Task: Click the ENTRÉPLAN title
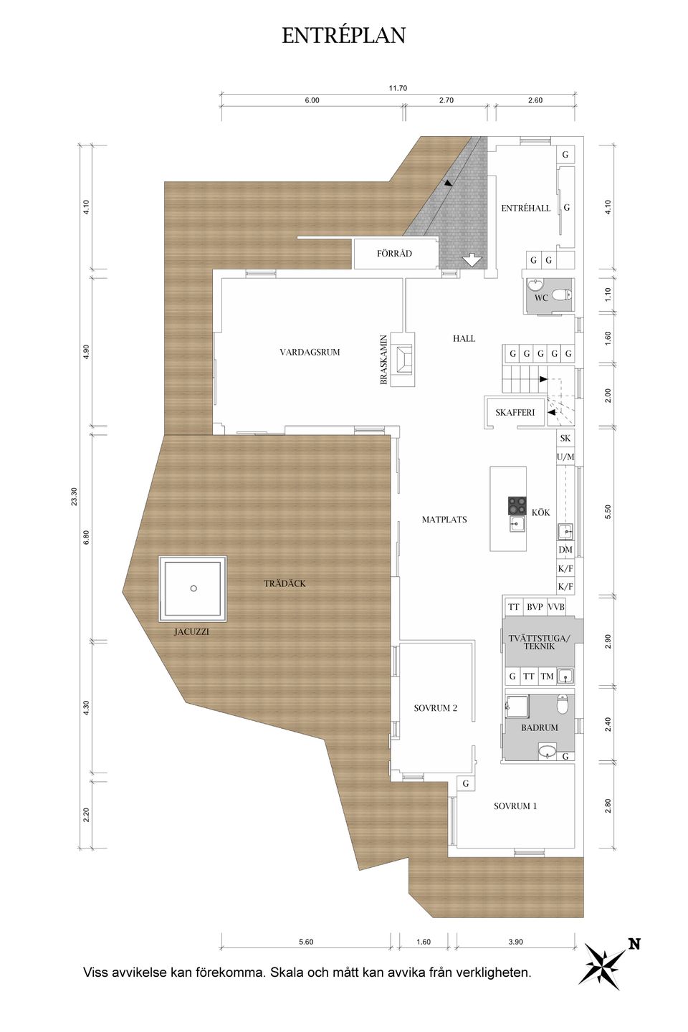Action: [x=344, y=36]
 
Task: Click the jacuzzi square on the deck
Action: [x=193, y=589]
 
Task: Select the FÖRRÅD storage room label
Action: [x=394, y=254]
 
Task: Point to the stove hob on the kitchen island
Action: [x=517, y=505]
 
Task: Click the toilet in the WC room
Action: [x=562, y=294]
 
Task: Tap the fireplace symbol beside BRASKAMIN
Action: [x=403, y=359]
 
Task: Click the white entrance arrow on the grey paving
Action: [x=472, y=261]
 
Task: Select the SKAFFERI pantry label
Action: [x=515, y=413]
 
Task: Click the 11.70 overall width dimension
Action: [x=398, y=88]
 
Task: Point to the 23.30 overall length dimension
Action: [x=75, y=497]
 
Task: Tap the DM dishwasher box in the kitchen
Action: [x=565, y=550]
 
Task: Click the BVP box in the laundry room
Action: [x=535, y=607]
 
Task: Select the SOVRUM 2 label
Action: [x=436, y=708]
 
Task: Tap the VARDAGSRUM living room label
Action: [x=310, y=353]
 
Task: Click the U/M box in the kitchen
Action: [x=565, y=457]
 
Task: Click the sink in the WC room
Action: [x=535, y=285]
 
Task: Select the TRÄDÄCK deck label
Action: [x=285, y=583]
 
